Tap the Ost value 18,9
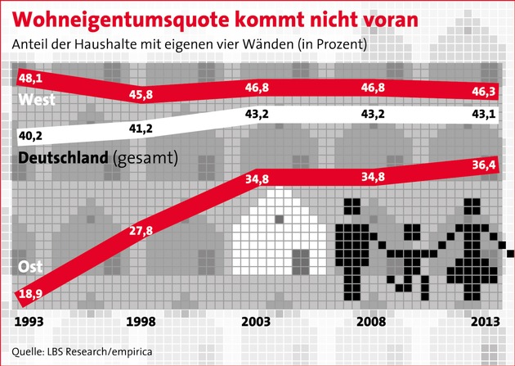point(29,292)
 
